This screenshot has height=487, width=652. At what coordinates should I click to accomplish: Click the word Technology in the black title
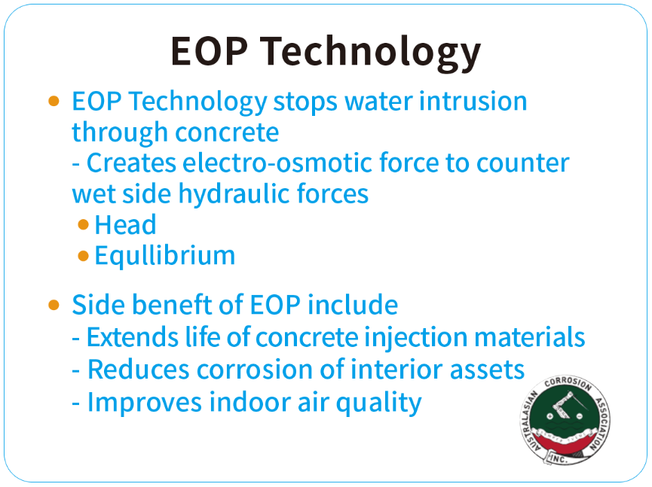coord(370,53)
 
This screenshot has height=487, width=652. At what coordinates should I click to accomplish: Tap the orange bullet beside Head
coord(83,224)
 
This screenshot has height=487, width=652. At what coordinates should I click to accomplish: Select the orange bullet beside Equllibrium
coord(83,256)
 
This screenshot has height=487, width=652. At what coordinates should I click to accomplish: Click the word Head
coord(126,224)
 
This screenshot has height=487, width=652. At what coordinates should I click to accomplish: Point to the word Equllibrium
coord(164,256)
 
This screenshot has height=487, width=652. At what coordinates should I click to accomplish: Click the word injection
coord(416,337)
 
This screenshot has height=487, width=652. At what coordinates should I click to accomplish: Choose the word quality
coord(378,403)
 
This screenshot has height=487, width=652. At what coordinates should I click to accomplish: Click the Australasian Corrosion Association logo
coord(565,421)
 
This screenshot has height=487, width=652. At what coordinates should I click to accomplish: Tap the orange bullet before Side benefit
coord(54,305)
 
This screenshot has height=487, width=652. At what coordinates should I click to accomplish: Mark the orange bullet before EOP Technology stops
coord(54,102)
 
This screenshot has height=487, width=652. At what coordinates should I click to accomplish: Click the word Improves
coord(145,403)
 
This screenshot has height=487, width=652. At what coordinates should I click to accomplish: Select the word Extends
coord(133,336)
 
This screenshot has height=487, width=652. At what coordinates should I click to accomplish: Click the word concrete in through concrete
coord(227,133)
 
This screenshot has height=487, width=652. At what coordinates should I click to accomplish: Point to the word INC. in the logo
coord(558,458)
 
